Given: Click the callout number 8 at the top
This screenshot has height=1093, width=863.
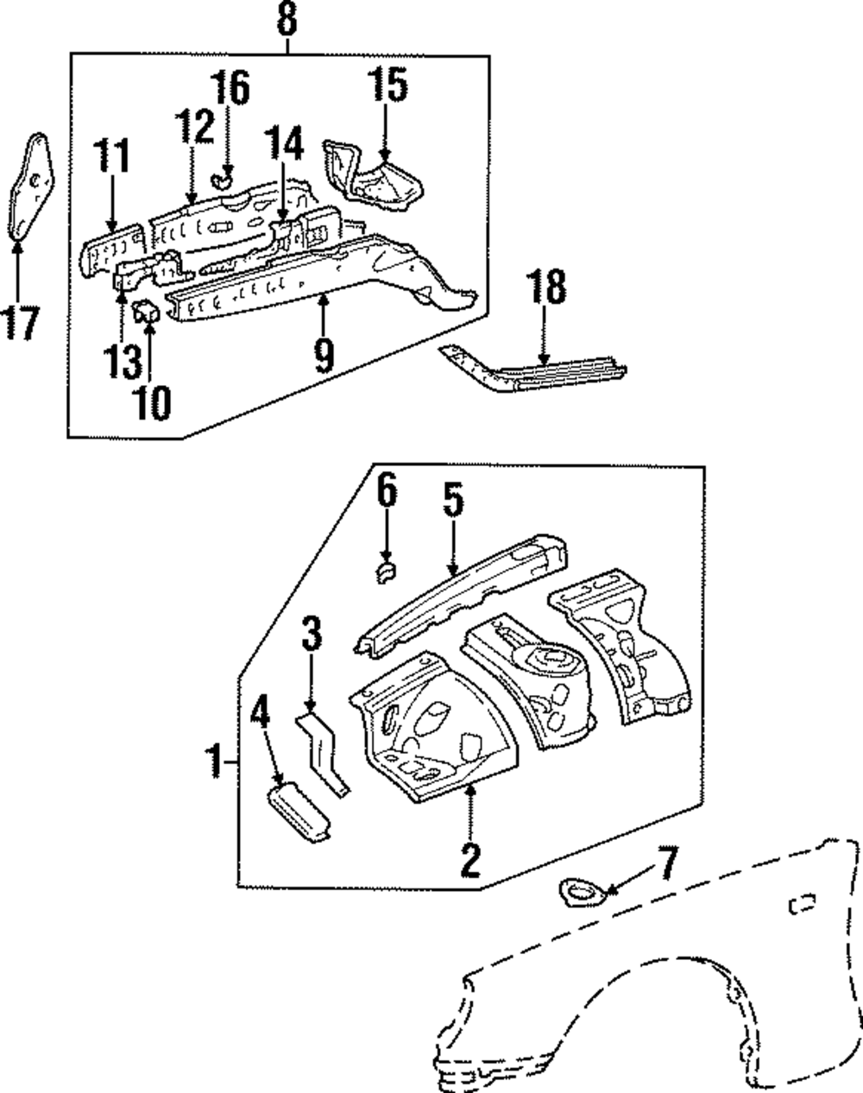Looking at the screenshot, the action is point(287,19).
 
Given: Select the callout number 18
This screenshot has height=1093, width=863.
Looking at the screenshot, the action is point(545,287).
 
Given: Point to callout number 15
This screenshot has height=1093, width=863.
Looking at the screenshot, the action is point(387,85).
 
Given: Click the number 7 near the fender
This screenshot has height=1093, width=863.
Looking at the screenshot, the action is point(669,863).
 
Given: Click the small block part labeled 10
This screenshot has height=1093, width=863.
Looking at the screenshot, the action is point(146,311).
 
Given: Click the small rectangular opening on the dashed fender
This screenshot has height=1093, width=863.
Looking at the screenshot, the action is point(802,904).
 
